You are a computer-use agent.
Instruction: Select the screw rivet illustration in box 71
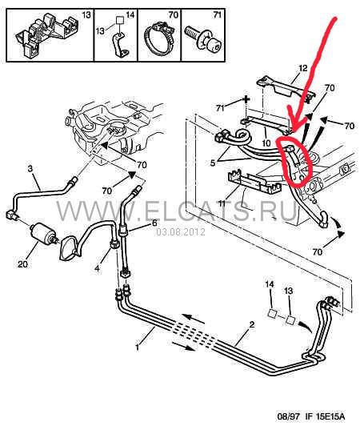click(x=203, y=38)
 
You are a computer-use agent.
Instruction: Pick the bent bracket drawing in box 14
click(x=120, y=45)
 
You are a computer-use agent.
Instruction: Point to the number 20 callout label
click(x=23, y=263)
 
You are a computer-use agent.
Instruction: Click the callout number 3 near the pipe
click(x=30, y=168)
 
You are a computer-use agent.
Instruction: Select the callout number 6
click(x=154, y=223)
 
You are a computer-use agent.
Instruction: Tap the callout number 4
click(x=97, y=268)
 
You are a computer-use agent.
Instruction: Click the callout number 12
click(x=303, y=68)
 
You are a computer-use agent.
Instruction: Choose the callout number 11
click(x=222, y=203)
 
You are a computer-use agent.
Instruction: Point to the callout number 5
click(x=213, y=163)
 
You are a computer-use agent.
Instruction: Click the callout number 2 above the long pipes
click(x=252, y=324)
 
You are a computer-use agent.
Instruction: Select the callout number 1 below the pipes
click(x=138, y=347)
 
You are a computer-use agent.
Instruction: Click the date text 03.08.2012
click(x=181, y=232)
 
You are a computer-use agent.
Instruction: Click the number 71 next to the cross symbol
click(x=220, y=108)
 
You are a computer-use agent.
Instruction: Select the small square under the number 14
click(x=272, y=313)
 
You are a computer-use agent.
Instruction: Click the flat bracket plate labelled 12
click(x=285, y=88)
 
